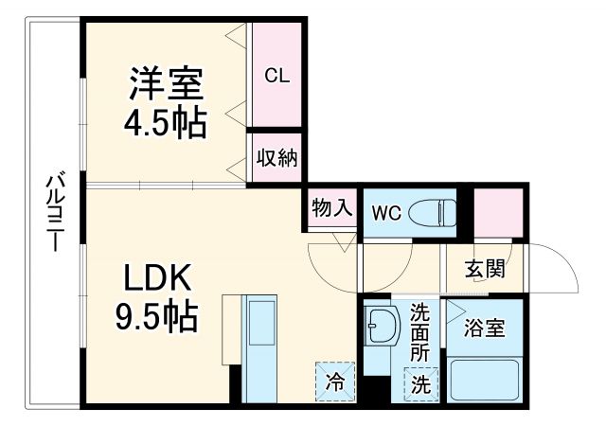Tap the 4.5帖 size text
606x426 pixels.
[x=166, y=123]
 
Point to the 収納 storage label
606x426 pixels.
[x=276, y=157]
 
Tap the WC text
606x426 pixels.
[x=386, y=213]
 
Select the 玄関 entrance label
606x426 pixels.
[x=484, y=268]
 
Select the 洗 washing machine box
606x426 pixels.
[x=420, y=385]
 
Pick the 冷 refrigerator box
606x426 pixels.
[x=335, y=382]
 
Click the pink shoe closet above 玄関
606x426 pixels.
[x=498, y=212]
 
